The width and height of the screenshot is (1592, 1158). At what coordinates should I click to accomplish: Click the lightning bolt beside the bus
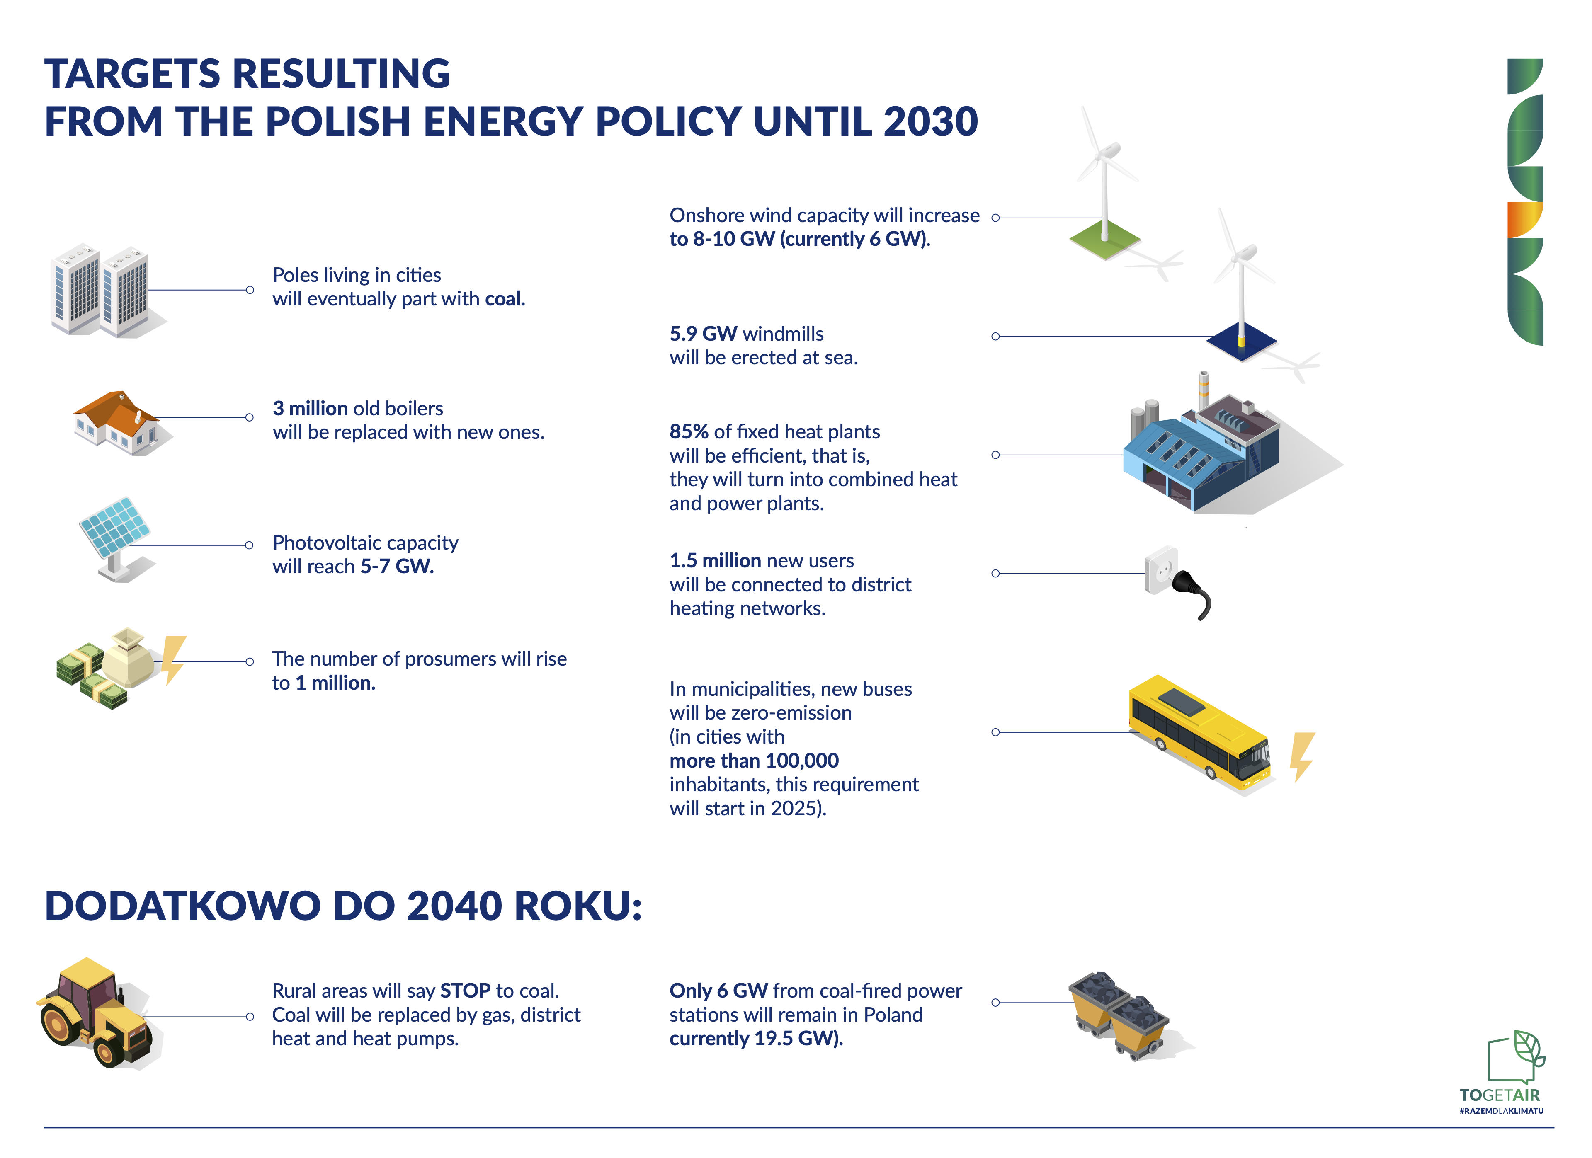pos(1302,756)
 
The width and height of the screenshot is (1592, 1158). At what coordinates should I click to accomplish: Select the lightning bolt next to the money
pos(173,660)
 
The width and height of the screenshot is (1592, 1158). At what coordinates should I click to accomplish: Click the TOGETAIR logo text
pos(1500,1095)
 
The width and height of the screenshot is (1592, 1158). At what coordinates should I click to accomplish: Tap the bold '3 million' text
pos(310,409)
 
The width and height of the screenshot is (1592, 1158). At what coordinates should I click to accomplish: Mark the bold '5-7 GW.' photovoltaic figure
pos(397,567)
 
